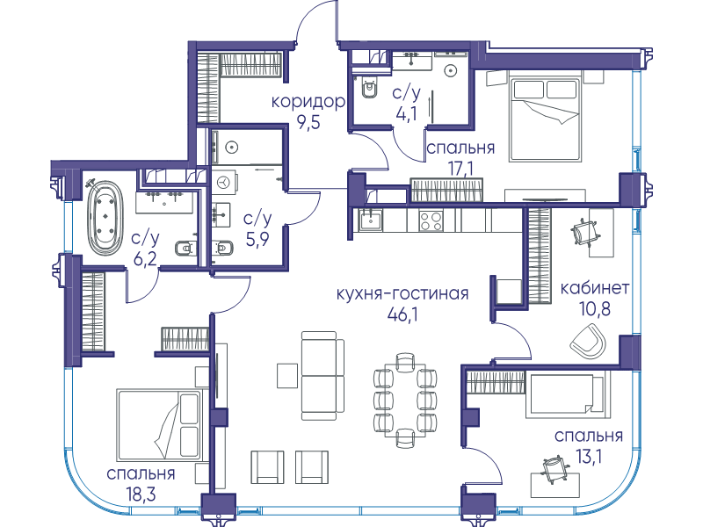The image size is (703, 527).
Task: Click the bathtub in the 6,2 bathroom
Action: point(105,218)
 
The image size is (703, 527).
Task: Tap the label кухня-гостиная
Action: point(402,294)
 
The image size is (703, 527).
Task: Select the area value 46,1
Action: point(402,315)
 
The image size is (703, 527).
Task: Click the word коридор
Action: point(308,102)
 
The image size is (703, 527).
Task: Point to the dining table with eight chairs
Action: point(405,400)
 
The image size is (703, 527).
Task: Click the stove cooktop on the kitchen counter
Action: point(431,221)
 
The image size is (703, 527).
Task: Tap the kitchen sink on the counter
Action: point(370,220)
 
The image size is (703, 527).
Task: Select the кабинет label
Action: point(595,288)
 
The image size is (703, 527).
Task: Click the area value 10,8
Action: point(595,309)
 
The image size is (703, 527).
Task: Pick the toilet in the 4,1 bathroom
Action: point(369,90)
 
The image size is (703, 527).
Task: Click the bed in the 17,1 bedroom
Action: point(545,119)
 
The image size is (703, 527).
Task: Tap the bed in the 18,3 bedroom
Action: point(158,424)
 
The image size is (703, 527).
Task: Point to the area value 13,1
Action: point(589,457)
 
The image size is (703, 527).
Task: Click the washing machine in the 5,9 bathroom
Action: point(224,182)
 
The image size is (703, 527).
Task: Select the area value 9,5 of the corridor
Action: point(308,122)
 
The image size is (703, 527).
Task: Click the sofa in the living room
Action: point(323,376)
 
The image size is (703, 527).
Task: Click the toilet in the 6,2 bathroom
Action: point(185,248)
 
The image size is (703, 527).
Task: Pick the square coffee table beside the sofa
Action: point(287,376)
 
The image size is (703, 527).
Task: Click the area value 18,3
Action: point(141,495)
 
